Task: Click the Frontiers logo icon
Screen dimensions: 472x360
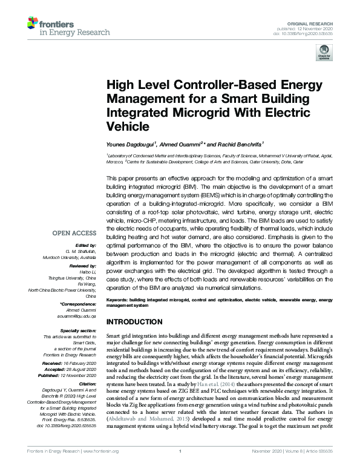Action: (x=34, y=25)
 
